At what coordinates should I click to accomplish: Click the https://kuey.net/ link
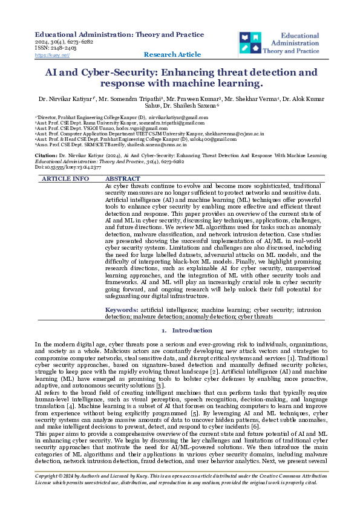coord(53,55)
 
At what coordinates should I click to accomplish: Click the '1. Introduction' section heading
coord(180,331)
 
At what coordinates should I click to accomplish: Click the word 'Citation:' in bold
coord(46,155)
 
